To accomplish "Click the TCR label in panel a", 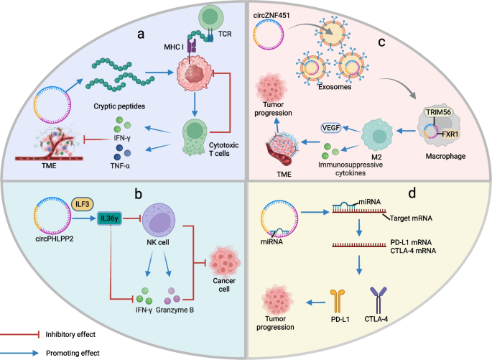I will pyautogui.click(x=213, y=41).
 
